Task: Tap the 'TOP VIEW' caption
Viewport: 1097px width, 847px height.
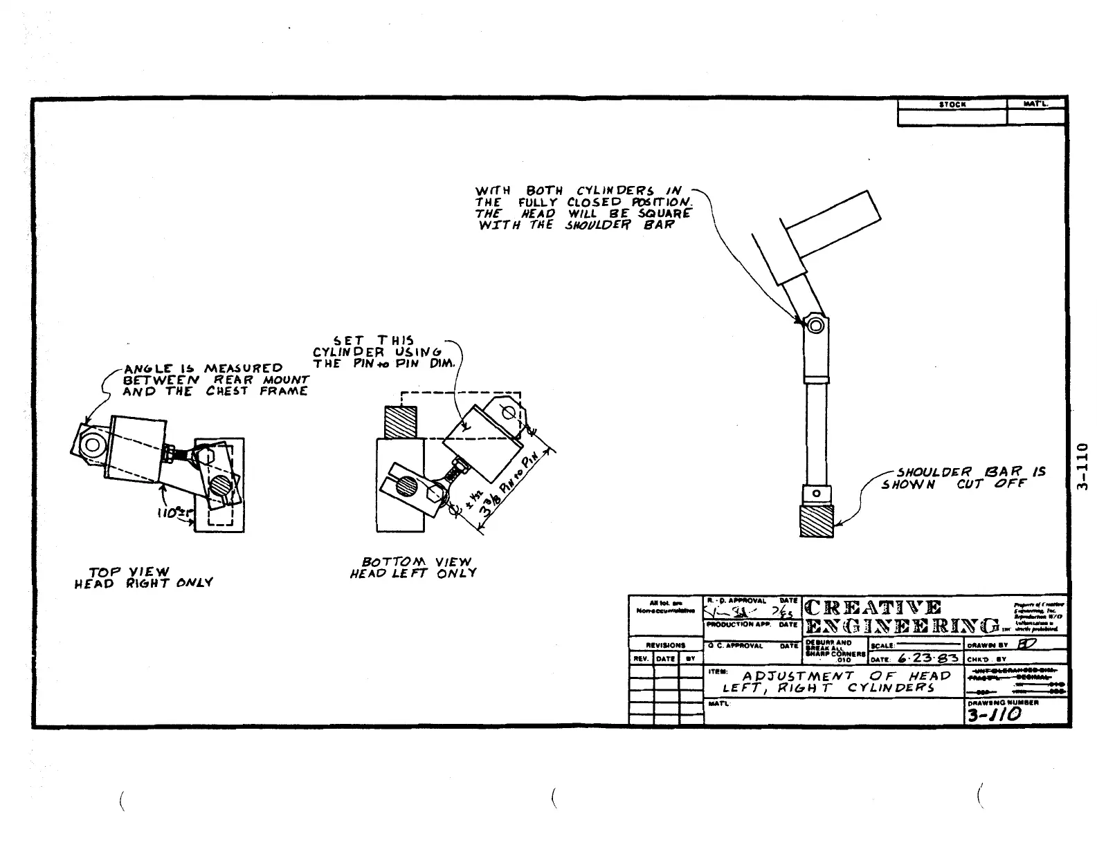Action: pos(129,572)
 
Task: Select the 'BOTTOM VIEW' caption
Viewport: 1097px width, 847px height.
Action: pos(416,561)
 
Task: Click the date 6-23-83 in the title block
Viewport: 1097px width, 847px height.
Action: pos(927,658)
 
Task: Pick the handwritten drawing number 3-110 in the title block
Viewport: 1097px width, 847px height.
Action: pos(995,715)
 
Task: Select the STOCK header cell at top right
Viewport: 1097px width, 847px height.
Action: pos(952,104)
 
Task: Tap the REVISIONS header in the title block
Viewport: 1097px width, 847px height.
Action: pos(665,645)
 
